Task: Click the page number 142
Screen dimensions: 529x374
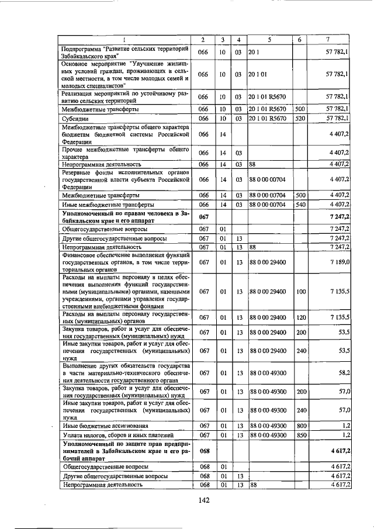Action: [203, 500]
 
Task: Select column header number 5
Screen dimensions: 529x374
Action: [269, 39]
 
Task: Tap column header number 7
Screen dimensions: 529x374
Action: [328, 39]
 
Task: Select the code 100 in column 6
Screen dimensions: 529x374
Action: [299, 291]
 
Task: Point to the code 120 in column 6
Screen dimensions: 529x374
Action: [299, 317]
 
